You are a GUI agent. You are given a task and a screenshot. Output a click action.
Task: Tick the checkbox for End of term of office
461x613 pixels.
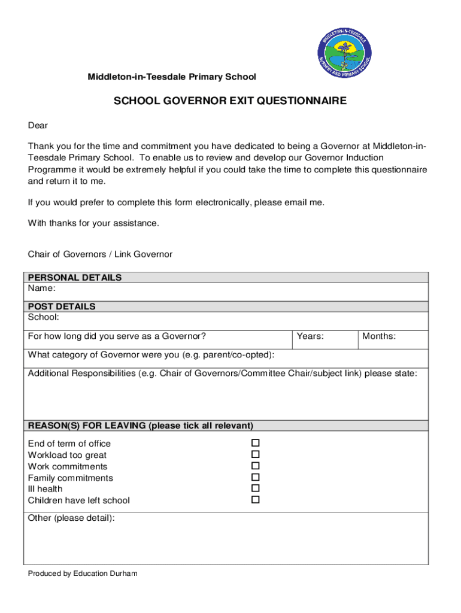(255, 443)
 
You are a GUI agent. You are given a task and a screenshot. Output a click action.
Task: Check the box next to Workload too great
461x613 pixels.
(255, 454)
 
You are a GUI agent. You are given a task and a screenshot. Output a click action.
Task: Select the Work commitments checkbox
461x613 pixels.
(255, 466)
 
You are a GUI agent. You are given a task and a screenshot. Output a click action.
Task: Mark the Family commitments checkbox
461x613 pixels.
(255, 477)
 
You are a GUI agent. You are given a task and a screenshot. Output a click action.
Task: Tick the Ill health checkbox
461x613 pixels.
(255, 488)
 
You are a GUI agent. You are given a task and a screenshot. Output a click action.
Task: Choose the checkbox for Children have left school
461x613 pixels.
(255, 499)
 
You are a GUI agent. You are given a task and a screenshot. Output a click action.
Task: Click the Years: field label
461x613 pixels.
(310, 336)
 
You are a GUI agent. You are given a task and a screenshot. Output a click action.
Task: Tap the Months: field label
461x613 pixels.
(378, 336)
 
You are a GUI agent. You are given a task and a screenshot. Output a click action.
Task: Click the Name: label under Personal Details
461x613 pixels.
(42, 288)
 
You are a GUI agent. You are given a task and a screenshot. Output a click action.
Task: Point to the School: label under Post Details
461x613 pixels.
(44, 317)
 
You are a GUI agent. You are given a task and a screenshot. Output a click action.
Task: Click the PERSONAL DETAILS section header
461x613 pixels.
(75, 278)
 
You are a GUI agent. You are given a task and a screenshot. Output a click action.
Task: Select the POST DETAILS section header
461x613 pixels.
(62, 306)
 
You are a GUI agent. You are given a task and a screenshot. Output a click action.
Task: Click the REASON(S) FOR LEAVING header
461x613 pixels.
(141, 426)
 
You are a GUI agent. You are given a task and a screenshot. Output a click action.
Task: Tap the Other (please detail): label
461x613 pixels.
(71, 518)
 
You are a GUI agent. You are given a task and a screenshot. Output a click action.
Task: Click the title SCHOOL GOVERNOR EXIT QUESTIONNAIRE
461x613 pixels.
(230, 101)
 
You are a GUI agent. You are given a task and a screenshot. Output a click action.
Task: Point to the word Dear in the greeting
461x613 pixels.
(38, 126)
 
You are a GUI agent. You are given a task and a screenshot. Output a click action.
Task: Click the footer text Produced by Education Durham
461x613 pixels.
(83, 573)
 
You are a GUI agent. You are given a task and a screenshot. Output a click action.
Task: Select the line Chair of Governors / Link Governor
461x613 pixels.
(100, 254)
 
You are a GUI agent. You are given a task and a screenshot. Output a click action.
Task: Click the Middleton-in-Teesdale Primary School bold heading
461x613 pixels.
(172, 77)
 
